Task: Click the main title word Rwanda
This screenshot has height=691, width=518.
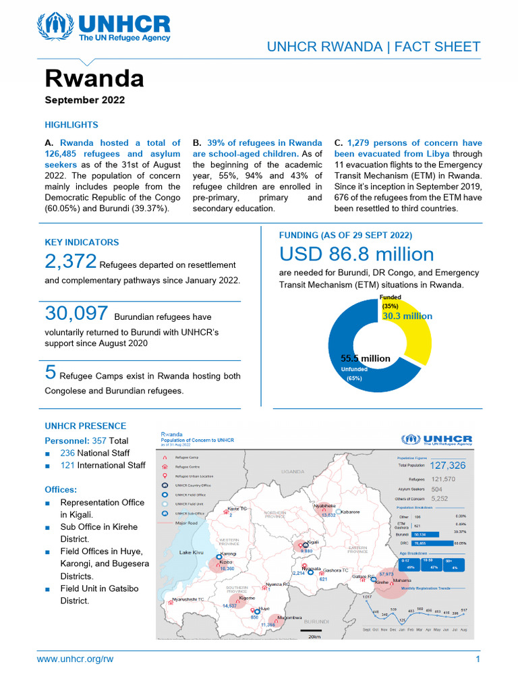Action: point(94,79)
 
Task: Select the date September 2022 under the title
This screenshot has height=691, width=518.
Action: point(84,101)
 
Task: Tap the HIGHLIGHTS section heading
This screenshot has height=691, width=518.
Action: point(71,125)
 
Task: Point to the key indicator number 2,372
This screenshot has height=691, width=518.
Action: point(71,260)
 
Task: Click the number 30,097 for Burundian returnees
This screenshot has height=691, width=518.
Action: point(76,313)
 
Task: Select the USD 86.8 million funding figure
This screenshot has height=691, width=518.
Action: point(357,255)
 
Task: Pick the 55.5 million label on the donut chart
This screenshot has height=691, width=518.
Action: point(365,358)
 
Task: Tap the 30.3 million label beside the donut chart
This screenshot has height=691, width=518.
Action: point(407,316)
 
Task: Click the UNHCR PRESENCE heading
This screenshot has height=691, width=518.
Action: point(85,426)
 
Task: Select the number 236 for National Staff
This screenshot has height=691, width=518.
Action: point(67,453)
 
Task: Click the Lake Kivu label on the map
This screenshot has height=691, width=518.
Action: point(191,553)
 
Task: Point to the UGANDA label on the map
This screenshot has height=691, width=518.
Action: point(294,471)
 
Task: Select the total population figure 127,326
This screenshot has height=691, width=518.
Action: point(448,466)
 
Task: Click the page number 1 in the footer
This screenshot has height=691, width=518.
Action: point(478,659)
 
